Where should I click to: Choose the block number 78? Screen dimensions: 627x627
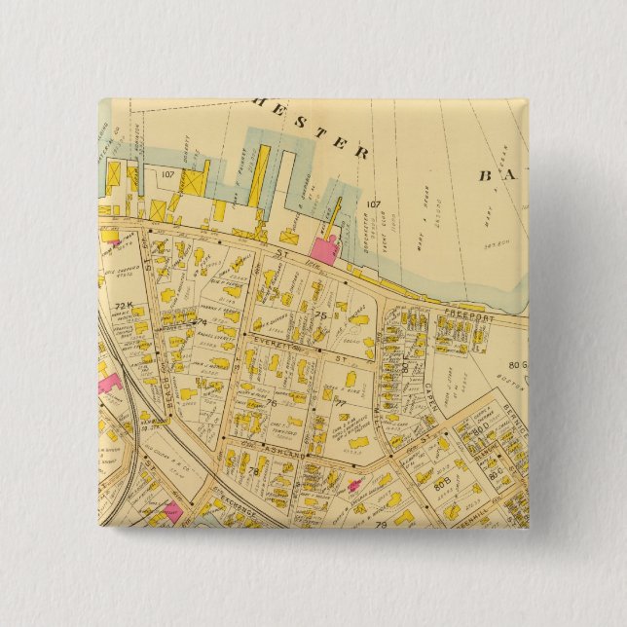(x=252, y=471)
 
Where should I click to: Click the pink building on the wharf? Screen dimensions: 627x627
(x=324, y=247)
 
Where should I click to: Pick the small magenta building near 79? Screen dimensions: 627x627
(x=351, y=485)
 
